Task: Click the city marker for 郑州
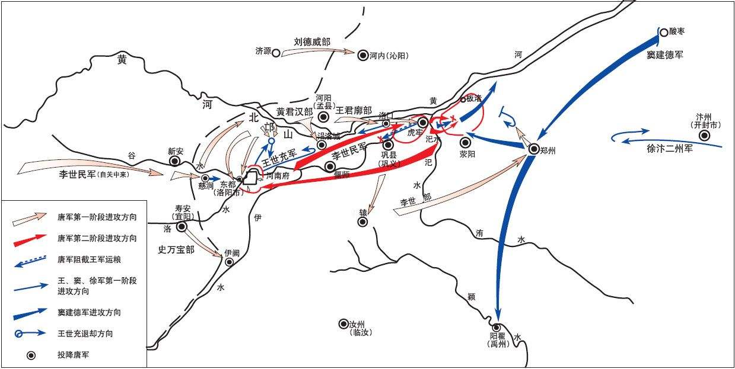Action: pyautogui.click(x=533, y=150)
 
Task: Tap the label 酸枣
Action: pyautogui.click(x=678, y=31)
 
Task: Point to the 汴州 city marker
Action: pyautogui.click(x=704, y=136)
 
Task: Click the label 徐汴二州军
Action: pyautogui.click(x=670, y=149)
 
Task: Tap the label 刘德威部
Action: pyautogui.click(x=312, y=42)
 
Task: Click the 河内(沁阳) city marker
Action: pyautogui.click(x=362, y=56)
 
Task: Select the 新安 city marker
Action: pyautogui.click(x=175, y=161)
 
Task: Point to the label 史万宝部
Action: pyautogui.click(x=176, y=249)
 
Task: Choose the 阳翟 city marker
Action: pyautogui.click(x=496, y=327)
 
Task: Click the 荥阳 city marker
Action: pyautogui.click(x=465, y=142)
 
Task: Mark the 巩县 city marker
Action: pyautogui.click(x=388, y=144)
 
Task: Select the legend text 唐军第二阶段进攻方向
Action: pyautogui.click(x=97, y=239)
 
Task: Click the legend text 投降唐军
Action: pyautogui.click(x=74, y=355)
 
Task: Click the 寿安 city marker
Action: pyautogui.click(x=182, y=226)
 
